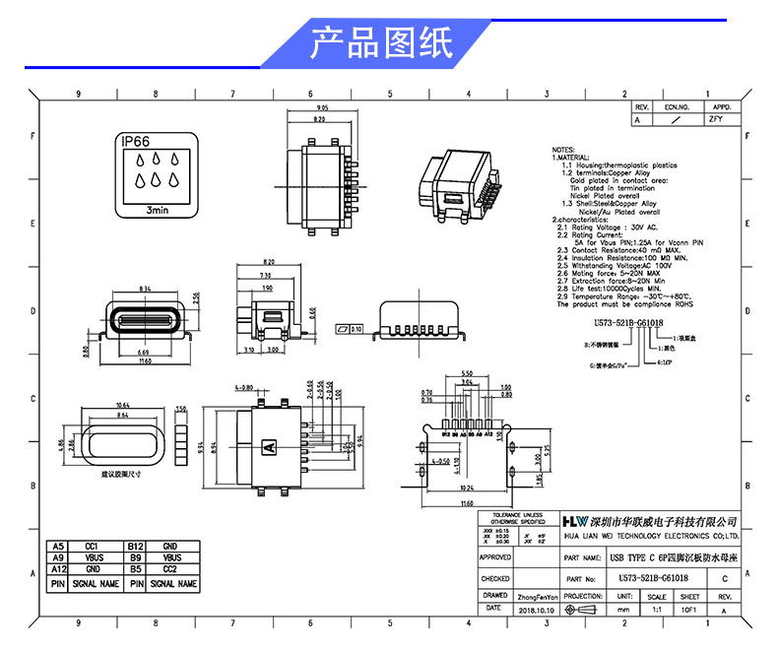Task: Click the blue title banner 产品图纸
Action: pos(381,44)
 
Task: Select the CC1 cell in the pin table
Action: pos(92,546)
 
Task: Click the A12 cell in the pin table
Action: pos(57,570)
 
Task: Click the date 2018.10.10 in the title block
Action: pos(537,611)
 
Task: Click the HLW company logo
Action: pos(573,520)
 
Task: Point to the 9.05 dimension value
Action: pos(321,107)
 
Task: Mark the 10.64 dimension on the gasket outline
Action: pos(123,406)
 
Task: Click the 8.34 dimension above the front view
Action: pos(146,289)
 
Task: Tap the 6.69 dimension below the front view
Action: pos(144,353)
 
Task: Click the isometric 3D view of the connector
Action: pos(455,182)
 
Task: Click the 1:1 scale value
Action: pos(657,611)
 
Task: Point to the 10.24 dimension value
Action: pos(468,489)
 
